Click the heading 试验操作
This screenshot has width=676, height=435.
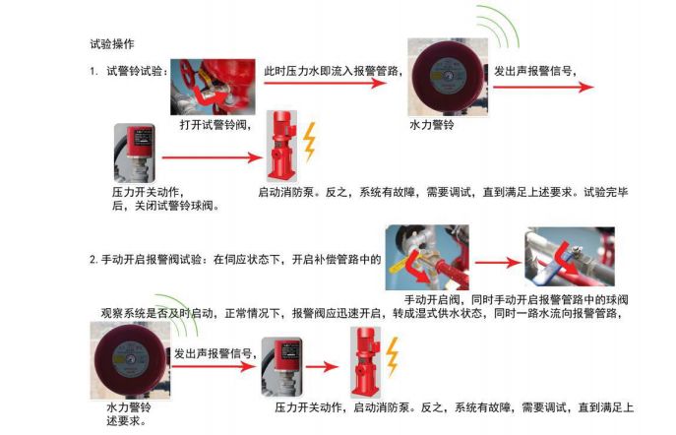[x=111, y=44]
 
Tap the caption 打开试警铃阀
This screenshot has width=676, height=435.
[x=216, y=125]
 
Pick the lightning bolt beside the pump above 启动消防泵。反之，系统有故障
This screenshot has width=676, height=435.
[x=309, y=142]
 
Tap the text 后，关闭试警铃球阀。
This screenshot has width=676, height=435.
[x=165, y=206]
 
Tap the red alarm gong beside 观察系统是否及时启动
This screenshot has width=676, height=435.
[x=128, y=359]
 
